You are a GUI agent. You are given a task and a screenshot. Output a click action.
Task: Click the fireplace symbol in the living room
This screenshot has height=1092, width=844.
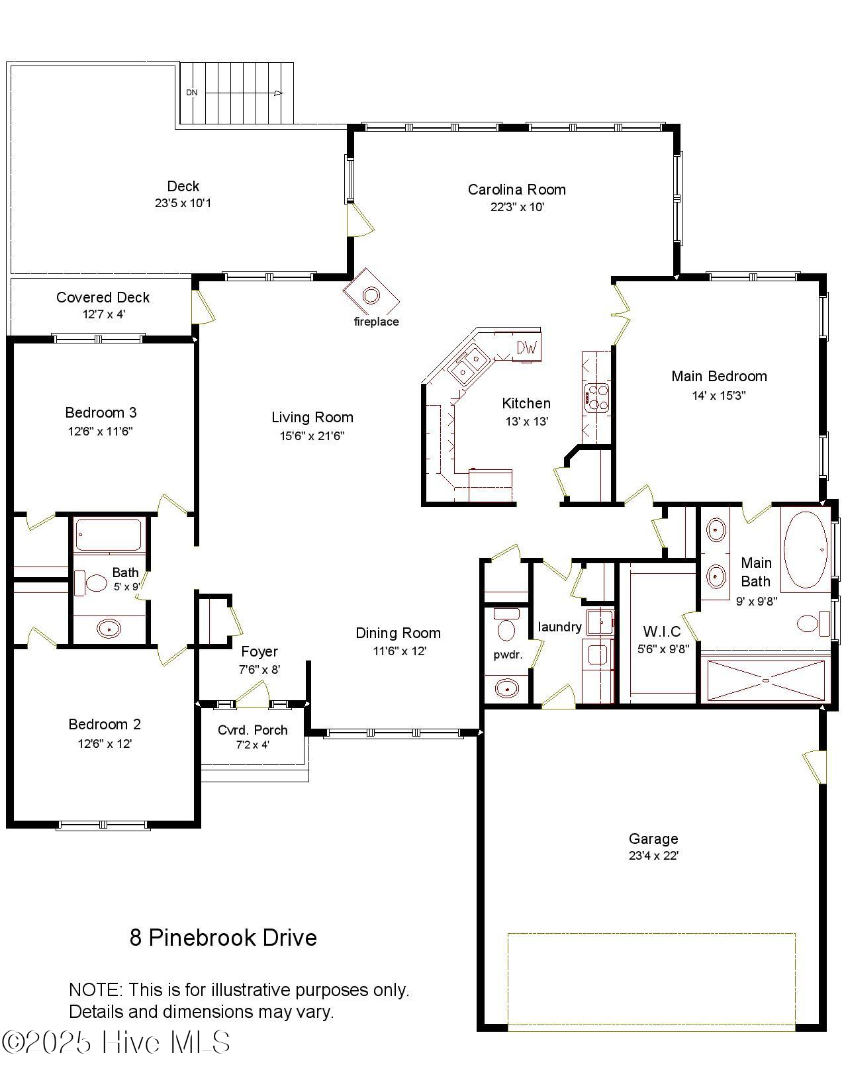[x=371, y=295]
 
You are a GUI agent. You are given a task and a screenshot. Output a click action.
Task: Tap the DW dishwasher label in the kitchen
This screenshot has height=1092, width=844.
[x=526, y=347]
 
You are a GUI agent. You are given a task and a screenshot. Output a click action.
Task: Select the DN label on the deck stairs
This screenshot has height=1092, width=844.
[x=191, y=93]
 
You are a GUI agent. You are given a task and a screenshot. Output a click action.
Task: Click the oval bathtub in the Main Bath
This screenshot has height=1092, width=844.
[x=804, y=549]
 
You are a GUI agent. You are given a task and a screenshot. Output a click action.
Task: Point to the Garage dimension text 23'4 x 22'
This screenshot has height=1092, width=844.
[x=653, y=856]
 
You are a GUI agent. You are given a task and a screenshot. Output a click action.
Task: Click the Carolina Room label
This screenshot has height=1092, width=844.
[x=516, y=190]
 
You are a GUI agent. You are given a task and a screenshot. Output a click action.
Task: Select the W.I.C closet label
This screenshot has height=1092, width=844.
[x=662, y=631]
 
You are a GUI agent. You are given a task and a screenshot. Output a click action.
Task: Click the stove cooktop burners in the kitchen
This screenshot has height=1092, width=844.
[x=597, y=398]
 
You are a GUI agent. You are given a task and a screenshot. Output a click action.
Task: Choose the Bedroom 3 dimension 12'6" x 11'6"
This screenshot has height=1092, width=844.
[x=101, y=432]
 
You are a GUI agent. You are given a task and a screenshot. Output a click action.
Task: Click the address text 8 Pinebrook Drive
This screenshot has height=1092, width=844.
[x=223, y=938]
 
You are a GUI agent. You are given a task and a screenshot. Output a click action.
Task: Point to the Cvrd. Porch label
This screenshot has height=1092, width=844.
[x=252, y=730]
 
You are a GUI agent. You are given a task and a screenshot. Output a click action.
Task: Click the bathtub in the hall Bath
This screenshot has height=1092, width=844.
[x=109, y=535]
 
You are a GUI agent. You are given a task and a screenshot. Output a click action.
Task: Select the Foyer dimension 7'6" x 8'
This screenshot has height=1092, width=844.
[x=259, y=670]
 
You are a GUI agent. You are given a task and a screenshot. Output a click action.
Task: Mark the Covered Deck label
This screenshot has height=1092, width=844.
[x=103, y=298]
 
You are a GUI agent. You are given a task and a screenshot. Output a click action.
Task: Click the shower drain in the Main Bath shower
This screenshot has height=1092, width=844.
[x=766, y=680]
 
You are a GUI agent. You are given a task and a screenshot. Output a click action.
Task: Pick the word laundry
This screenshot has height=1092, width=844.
[x=559, y=627]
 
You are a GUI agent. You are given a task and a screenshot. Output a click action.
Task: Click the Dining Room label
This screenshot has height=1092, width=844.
[x=398, y=633]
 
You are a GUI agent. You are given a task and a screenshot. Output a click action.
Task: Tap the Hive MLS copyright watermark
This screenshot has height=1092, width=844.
[x=116, y=1042]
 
